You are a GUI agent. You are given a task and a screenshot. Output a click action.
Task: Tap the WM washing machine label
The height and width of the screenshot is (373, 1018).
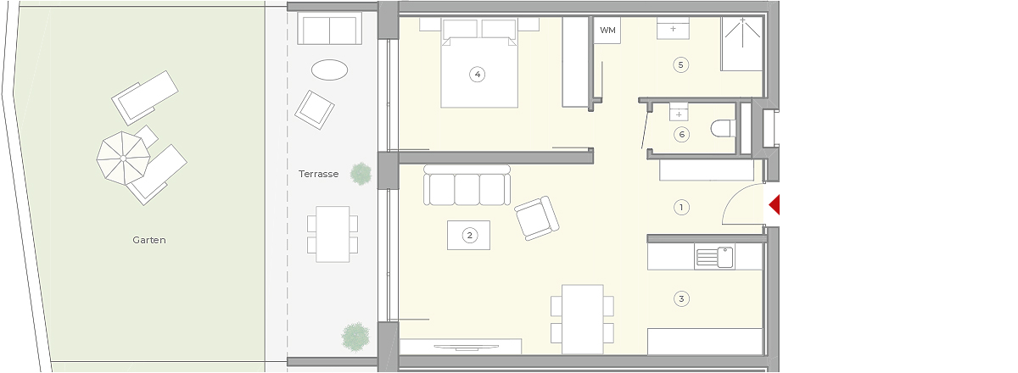(607, 31)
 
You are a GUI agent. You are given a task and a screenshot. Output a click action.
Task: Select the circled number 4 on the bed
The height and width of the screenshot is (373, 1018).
(477, 74)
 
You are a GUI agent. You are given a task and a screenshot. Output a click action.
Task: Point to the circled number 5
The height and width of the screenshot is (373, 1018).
(680, 65)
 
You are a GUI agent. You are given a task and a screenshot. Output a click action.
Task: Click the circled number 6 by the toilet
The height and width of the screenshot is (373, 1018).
(681, 135)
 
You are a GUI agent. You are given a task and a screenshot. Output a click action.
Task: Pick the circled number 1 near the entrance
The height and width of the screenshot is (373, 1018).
(681, 208)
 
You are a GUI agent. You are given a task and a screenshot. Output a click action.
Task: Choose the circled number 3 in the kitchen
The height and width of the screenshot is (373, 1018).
(681, 299)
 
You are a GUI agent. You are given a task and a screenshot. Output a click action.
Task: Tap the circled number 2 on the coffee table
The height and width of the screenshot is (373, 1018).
(469, 236)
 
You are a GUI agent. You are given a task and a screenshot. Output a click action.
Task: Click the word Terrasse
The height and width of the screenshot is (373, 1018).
(319, 174)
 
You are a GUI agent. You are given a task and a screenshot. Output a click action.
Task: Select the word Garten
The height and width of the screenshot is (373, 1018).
(149, 240)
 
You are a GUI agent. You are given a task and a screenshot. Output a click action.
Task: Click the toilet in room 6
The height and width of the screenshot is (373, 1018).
(723, 129)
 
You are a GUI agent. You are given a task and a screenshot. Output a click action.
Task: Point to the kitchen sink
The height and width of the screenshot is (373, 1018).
(714, 257)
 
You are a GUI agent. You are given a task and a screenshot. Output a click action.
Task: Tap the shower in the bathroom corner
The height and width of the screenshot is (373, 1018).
(741, 44)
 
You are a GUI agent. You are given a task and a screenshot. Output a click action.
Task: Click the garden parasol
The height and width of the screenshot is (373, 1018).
(123, 159)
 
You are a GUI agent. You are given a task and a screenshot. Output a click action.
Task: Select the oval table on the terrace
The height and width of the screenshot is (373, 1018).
(329, 70)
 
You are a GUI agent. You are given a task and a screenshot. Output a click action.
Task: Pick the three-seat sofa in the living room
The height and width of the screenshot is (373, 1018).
(467, 186)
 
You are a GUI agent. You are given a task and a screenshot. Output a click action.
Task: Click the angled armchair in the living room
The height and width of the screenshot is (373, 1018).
(537, 218)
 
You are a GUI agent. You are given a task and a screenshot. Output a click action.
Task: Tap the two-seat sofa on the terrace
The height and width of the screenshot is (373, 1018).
(329, 28)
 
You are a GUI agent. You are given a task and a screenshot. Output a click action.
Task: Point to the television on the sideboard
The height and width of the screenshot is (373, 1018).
(467, 348)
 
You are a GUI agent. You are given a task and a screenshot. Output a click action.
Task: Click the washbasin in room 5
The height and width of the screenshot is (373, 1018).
(673, 28)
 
